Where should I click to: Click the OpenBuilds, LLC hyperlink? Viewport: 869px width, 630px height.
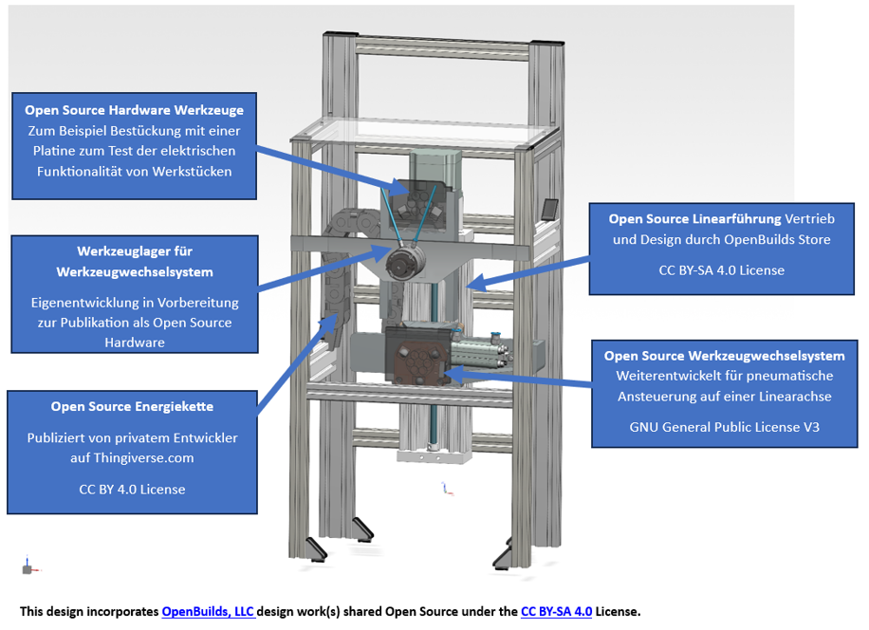pos(208,612)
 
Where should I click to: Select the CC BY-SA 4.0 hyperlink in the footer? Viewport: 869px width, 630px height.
pos(557,612)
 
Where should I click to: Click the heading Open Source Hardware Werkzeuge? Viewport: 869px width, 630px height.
pos(134,110)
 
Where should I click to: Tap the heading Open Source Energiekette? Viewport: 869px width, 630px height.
pos(132,406)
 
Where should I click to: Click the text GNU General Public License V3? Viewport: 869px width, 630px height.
pos(725,427)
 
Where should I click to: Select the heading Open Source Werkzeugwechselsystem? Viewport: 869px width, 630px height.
pos(725,356)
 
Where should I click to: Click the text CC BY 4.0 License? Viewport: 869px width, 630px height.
pos(132,490)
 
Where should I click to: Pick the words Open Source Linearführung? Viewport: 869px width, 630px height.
pos(695,219)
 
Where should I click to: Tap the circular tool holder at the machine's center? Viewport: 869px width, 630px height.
pos(405,262)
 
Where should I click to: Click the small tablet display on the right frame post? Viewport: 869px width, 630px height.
pos(549,210)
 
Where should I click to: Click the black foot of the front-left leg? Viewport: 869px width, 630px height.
pos(317,549)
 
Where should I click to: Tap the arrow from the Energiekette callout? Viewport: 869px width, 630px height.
pos(298,363)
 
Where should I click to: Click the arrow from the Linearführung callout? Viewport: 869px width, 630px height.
pos(528,273)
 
